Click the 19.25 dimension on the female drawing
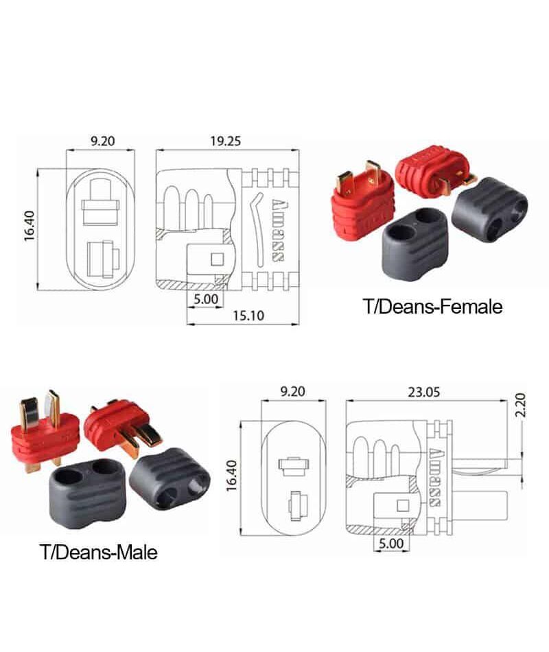pyautogui.click(x=225, y=141)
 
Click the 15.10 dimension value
pyautogui.click(x=248, y=316)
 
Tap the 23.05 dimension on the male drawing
pyautogui.click(x=423, y=392)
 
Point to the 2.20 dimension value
pyautogui.click(x=520, y=405)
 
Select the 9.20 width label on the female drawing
pyautogui.click(x=103, y=141)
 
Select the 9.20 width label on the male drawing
pyautogui.click(x=292, y=392)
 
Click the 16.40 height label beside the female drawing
pyautogui.click(x=30, y=226)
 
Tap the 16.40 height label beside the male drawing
pyautogui.click(x=232, y=476)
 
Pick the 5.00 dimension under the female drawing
pyautogui.click(x=206, y=299)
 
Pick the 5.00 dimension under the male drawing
pyautogui.click(x=391, y=544)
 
